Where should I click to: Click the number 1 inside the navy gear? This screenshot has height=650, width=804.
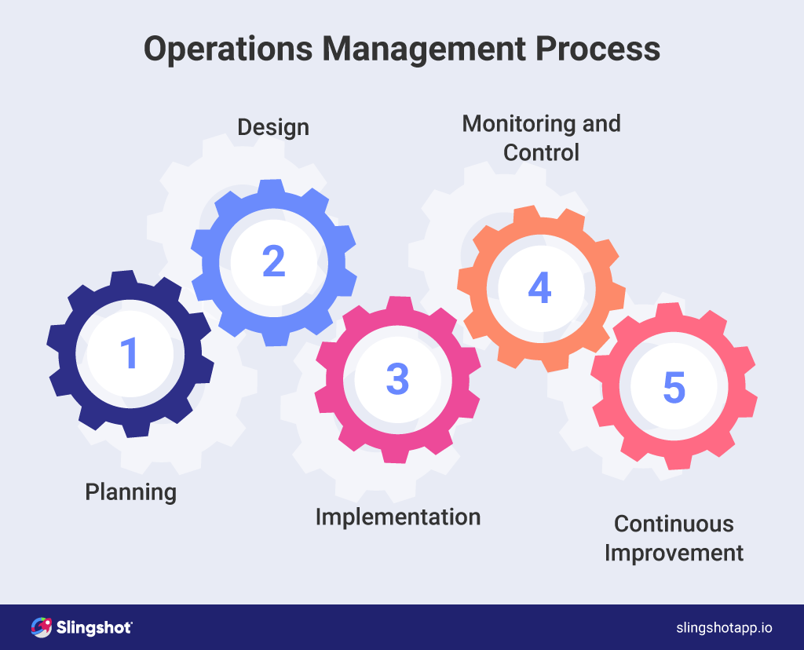pyautogui.click(x=129, y=353)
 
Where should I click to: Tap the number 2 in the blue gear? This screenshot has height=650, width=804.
pyautogui.click(x=273, y=261)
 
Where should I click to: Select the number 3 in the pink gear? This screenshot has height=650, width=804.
pyautogui.click(x=397, y=379)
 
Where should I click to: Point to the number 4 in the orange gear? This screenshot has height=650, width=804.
pyautogui.click(x=539, y=288)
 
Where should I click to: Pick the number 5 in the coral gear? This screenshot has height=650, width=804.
pyautogui.click(x=674, y=387)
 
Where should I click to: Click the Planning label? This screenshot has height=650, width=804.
pyautogui.click(x=130, y=492)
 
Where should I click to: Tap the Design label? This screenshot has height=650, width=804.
pyautogui.click(x=273, y=127)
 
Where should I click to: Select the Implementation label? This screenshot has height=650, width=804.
pyautogui.click(x=397, y=517)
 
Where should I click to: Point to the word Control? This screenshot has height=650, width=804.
pyautogui.click(x=541, y=152)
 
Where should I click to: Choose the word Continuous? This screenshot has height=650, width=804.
pyautogui.click(x=674, y=524)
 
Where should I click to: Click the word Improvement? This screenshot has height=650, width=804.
pyautogui.click(x=674, y=552)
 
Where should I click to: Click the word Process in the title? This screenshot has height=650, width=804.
pyautogui.click(x=599, y=49)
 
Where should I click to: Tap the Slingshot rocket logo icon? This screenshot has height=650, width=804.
pyautogui.click(x=41, y=627)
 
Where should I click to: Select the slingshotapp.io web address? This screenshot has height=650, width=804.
pyautogui.click(x=724, y=628)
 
